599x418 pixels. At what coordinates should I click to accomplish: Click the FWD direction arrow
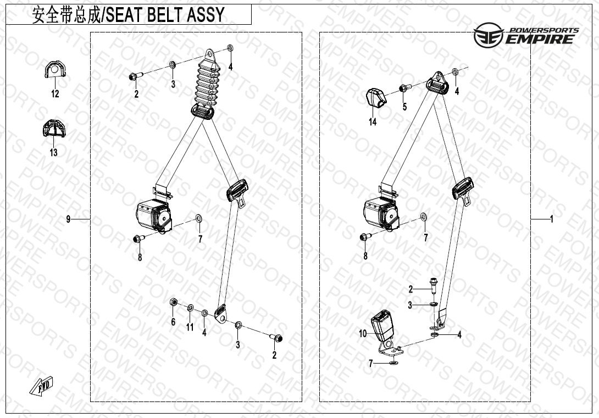(42, 386)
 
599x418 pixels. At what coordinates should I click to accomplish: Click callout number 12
(55, 94)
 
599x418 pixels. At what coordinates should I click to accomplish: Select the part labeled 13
(53, 128)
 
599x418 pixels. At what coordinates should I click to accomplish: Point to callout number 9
(68, 219)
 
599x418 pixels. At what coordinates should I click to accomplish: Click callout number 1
(551, 219)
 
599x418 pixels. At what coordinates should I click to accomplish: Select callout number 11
(190, 327)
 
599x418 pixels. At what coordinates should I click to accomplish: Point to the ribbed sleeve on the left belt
(207, 86)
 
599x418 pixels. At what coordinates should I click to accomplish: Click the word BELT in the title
(165, 14)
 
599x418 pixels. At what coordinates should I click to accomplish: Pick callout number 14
(373, 122)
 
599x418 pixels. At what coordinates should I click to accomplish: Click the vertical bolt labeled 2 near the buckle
(434, 285)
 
